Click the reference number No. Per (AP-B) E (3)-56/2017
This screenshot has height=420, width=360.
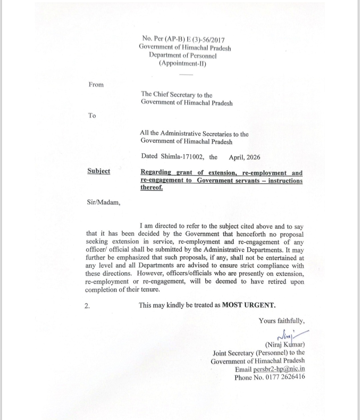(183, 40)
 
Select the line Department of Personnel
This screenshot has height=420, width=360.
(183, 56)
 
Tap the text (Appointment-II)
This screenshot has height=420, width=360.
(183, 63)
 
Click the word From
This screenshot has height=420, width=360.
(96, 85)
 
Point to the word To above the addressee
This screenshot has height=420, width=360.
(92, 116)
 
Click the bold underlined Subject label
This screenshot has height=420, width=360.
(99, 171)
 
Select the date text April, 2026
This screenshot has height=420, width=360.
(244, 157)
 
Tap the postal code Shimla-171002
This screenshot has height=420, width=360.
(182, 157)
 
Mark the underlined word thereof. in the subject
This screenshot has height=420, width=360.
(152, 188)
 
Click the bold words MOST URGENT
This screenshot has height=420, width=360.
(249, 305)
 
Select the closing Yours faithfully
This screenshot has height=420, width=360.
(282, 321)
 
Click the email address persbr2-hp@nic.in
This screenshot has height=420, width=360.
(279, 369)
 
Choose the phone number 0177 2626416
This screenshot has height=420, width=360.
(285, 377)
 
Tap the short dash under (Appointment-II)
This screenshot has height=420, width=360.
(186, 74)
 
